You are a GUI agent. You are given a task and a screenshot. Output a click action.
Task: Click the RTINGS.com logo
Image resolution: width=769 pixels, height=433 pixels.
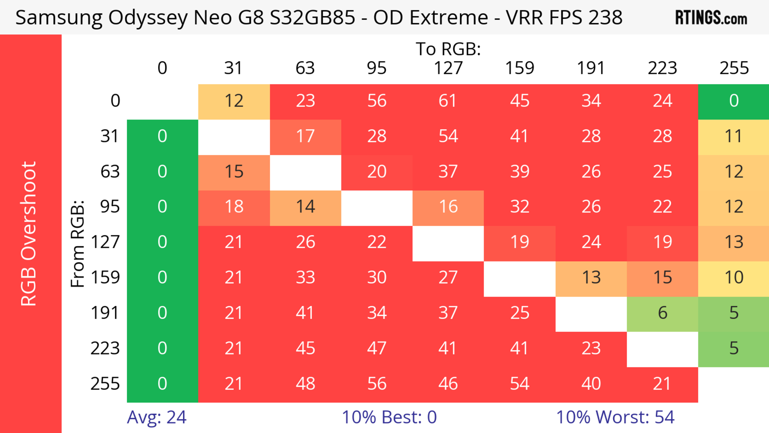pyautogui.click(x=711, y=17)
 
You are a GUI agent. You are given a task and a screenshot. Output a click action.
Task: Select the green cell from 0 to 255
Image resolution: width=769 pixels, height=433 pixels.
pyautogui.click(x=734, y=101)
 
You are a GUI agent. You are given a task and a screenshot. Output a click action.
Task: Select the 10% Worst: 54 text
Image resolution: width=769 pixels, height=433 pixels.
pyautogui.click(x=615, y=417)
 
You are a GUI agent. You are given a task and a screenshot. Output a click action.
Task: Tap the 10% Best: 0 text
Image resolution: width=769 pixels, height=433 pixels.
pyautogui.click(x=389, y=417)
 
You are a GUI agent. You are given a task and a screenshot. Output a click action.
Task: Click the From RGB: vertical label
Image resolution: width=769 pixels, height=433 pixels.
pyautogui.click(x=78, y=244)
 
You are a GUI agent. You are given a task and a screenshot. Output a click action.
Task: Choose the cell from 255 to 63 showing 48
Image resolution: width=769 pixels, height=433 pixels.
pyautogui.click(x=305, y=384)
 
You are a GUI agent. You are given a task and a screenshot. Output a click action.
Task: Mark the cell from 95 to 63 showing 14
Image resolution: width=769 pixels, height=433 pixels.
pyautogui.click(x=305, y=207)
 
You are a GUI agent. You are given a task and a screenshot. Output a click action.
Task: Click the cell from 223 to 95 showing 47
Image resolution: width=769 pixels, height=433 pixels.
pyautogui.click(x=376, y=348)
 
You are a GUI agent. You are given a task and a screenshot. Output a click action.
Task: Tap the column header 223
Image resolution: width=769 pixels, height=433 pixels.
pyautogui.click(x=662, y=68)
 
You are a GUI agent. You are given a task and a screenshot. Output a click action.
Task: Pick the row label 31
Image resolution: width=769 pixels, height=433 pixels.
pyautogui.click(x=110, y=136)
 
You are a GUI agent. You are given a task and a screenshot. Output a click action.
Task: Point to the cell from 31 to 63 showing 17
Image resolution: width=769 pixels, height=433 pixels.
pyautogui.click(x=305, y=136)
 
